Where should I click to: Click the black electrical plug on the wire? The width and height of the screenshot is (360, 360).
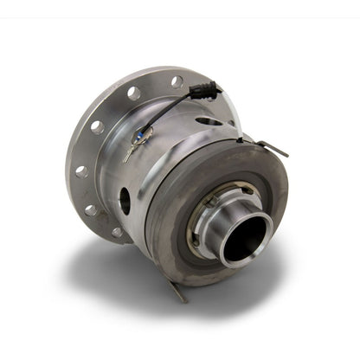[205, 90]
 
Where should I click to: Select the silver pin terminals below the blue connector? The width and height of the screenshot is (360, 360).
[131, 153]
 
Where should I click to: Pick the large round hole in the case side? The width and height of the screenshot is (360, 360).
[125, 202]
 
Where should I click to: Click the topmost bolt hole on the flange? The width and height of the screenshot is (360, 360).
[177, 82]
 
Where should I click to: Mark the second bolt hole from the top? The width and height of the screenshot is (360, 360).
[133, 93]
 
